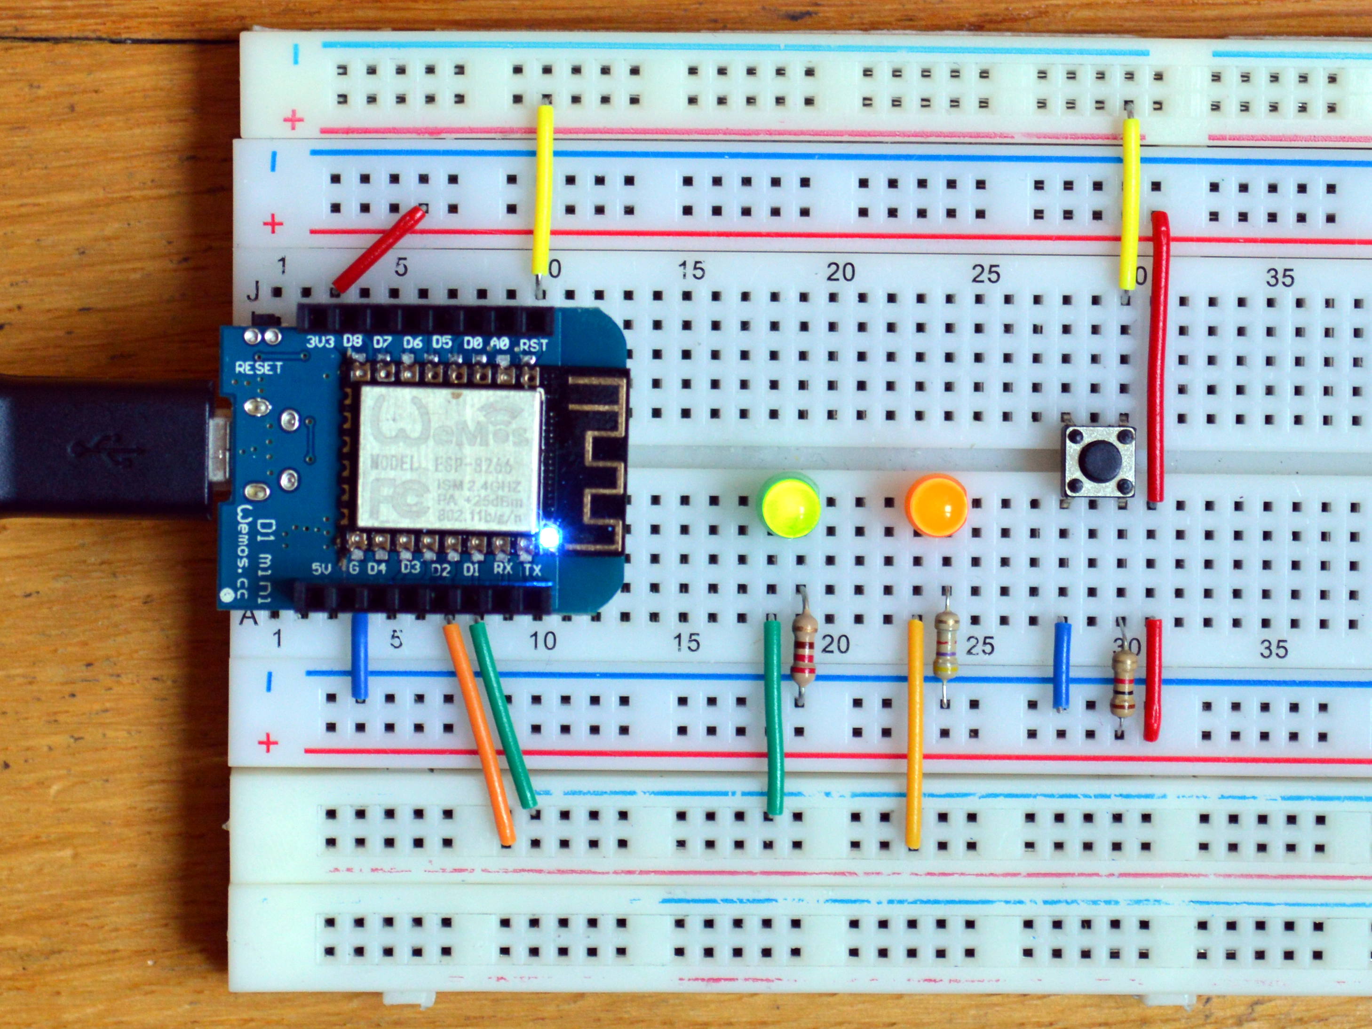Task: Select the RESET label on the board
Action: point(259,368)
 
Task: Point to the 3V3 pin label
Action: point(320,342)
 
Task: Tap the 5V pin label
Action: point(321,568)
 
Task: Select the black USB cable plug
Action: point(105,445)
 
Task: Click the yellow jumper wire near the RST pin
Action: point(543,189)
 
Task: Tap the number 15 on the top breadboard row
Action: point(691,270)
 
